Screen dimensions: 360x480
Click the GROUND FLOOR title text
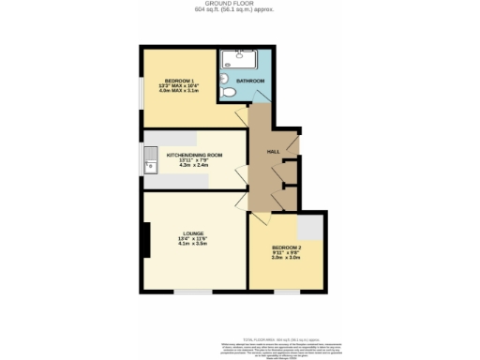[x=240, y=4]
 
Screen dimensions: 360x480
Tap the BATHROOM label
[x=250, y=82]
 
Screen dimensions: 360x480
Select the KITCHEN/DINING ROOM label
[x=193, y=155]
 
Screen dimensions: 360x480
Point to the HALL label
[x=274, y=151]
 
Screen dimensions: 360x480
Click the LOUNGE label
[x=194, y=233]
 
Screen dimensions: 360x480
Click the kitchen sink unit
[x=150, y=167]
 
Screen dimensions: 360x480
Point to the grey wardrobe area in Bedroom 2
[x=310, y=227]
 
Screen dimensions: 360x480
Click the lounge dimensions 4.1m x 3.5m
[x=194, y=244]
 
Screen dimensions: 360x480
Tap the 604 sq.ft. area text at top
[x=240, y=11]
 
